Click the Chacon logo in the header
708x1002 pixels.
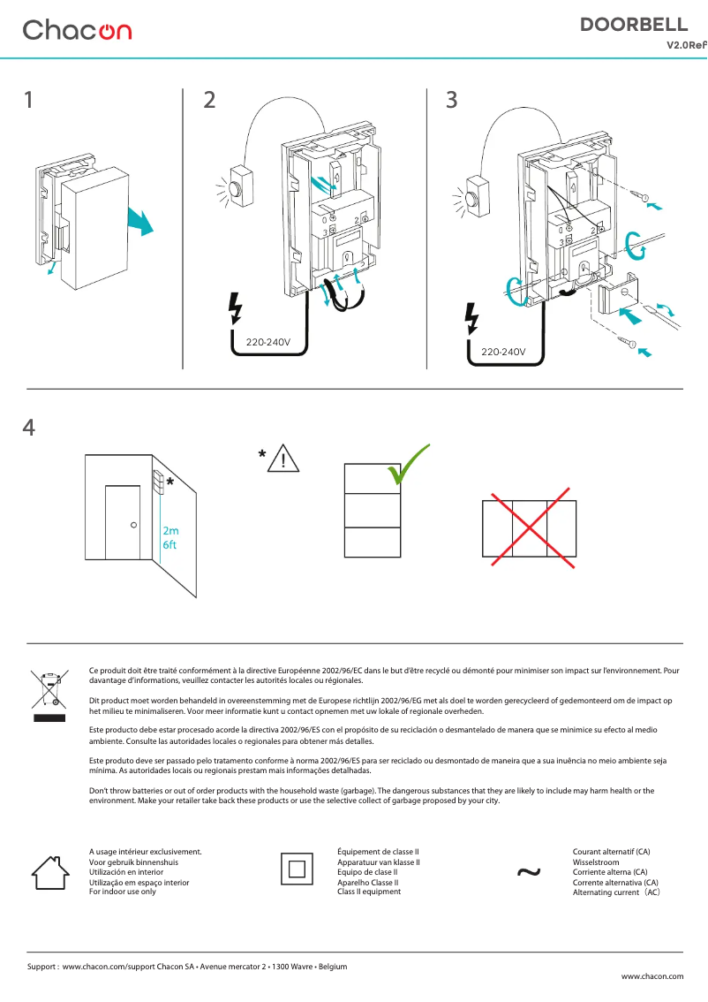click(x=77, y=30)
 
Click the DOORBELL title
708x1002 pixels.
click(x=633, y=25)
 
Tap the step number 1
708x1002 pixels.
click(x=29, y=101)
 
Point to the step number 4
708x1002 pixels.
click(x=29, y=428)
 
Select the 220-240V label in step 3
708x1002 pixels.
click(x=502, y=352)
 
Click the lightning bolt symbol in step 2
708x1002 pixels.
click(x=235, y=307)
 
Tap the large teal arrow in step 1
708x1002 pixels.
click(x=139, y=220)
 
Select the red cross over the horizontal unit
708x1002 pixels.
click(x=529, y=528)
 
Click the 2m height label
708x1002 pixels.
click(x=169, y=531)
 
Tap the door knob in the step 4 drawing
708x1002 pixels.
click(x=133, y=525)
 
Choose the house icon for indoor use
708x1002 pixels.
click(x=50, y=871)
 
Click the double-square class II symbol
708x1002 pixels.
click(x=297, y=869)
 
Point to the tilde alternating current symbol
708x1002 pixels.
click(x=528, y=873)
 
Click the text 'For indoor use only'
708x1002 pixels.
click(x=123, y=892)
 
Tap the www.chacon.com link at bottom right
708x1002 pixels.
click(x=652, y=976)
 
